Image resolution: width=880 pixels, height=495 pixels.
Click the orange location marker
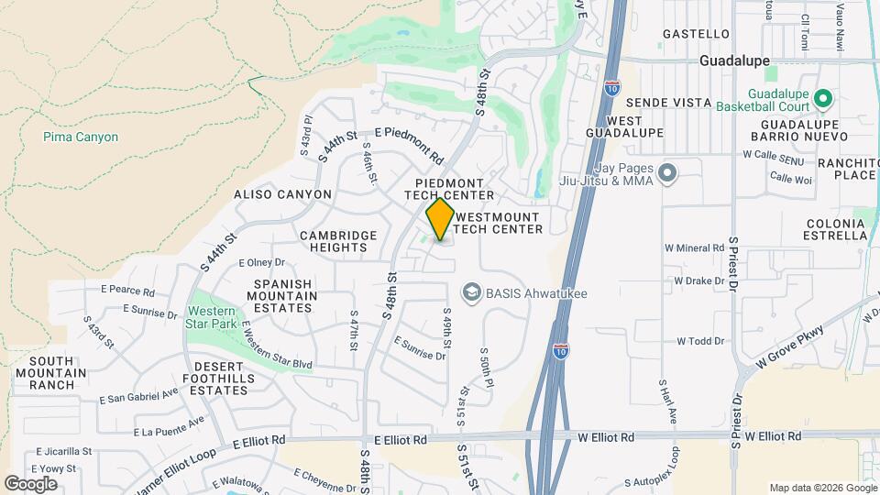coord(440,220)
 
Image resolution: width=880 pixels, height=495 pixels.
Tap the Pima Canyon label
coord(81,137)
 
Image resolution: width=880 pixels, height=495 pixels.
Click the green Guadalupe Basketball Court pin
coord(822,97)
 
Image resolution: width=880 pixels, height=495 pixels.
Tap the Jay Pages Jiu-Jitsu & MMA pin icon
coord(667,172)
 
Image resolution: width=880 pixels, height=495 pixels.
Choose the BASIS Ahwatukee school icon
coord(471,293)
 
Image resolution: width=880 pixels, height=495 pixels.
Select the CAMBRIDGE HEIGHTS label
coord(338,242)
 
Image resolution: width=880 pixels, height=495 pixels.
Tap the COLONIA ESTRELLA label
coord(836,230)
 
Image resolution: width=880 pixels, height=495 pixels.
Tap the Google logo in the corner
coord(30,483)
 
